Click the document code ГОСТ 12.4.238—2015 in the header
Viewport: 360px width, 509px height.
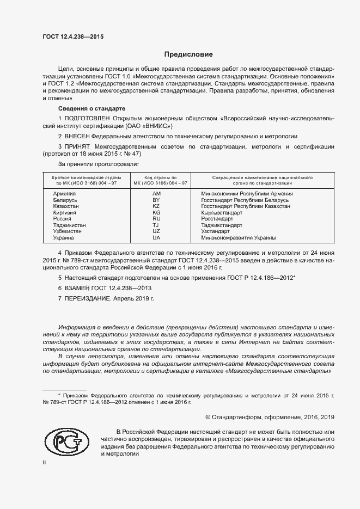point(73,37)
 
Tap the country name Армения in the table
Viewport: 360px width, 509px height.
point(64,193)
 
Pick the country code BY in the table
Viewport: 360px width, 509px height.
point(156,201)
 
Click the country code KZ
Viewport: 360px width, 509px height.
point(156,207)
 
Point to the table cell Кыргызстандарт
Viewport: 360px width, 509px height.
point(222,213)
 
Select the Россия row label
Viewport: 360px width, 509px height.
point(62,219)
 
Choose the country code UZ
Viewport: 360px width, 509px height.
point(156,231)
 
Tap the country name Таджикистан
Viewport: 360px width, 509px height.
point(69,225)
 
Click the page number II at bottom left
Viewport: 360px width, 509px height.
point(45,462)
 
